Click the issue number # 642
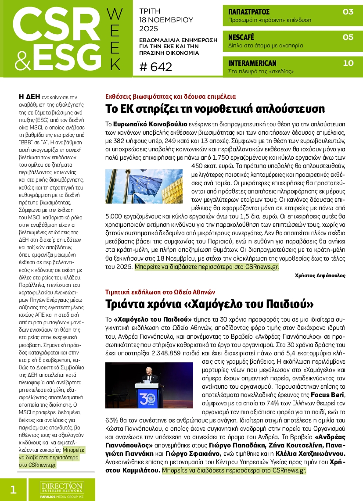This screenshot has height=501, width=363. (x=155, y=67)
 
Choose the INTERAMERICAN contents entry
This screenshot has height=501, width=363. (x=252, y=63)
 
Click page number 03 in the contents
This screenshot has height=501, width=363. (x=348, y=12)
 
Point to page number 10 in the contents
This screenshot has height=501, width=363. (x=348, y=63)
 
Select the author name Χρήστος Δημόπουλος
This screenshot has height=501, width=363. (x=320, y=276)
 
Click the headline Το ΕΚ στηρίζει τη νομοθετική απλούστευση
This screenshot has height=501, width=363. (x=215, y=109)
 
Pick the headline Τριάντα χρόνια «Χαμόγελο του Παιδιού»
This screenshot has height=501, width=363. (x=209, y=304)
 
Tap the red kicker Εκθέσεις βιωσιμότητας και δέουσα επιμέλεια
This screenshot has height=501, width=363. (x=171, y=97)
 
